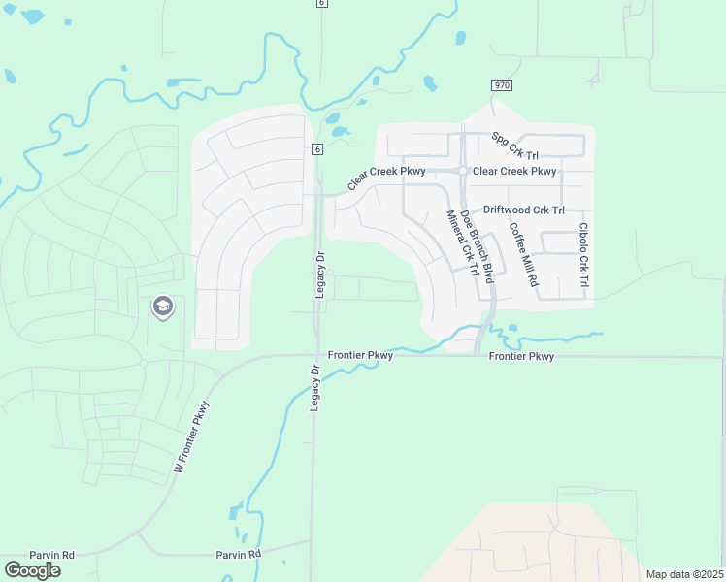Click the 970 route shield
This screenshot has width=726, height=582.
coord(501,85)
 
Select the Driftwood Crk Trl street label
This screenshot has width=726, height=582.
coord(523,210)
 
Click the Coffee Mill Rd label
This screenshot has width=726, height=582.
coord(523,254)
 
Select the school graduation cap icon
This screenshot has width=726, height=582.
coord(161,307)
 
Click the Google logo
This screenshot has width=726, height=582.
coord(32,570)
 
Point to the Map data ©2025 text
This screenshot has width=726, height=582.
coord(684,574)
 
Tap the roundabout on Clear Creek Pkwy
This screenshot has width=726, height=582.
coord(464,172)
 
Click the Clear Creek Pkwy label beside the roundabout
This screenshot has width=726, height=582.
coord(514,172)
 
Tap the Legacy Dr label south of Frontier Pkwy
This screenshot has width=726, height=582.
coord(314,388)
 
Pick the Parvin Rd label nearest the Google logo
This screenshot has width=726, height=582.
coord(51,555)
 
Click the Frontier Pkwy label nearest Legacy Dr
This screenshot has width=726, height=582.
coord(360,355)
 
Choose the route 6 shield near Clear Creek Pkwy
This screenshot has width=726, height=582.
coord(316,148)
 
